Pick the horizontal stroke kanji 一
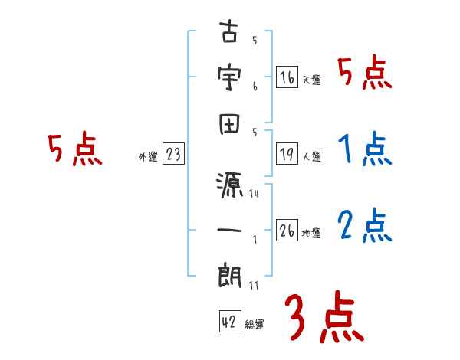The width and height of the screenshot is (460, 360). pos(229,227)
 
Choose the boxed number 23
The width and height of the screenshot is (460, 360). pos(173,154)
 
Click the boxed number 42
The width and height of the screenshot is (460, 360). pos(229,322)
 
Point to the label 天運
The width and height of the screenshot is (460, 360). pos(311,80)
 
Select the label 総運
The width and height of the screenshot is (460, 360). pos(255,325)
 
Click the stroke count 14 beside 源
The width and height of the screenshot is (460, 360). pos(254,195)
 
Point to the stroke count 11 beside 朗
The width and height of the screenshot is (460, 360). pos(254,286)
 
